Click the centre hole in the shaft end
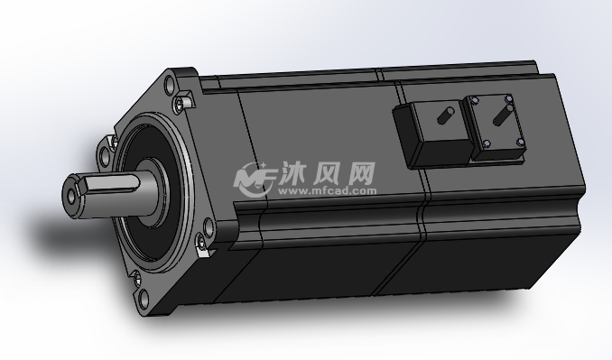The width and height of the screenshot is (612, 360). click(72, 197)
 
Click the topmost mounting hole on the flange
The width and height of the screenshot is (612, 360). click(170, 85)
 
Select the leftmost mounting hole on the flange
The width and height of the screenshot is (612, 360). click(105, 156)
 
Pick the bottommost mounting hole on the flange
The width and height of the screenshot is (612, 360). click(144, 299)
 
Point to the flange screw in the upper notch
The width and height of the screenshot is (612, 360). click(179, 104)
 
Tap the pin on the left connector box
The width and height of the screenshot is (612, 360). click(446, 115)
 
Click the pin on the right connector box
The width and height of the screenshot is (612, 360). click(501, 115)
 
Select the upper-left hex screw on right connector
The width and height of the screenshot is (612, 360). click(474, 101)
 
